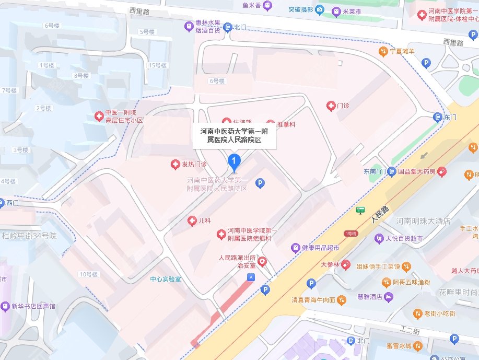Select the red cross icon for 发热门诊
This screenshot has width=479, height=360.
coord(176,165)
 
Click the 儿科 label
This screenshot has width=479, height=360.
coord(204,221)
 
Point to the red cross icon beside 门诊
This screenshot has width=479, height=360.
coord(330,106)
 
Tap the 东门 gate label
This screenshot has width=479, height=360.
coord(449,117)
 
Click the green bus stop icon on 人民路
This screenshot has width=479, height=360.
coord(360,210)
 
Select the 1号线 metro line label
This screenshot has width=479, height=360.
coord(349,233)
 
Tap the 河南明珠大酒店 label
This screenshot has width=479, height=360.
coord(423,221)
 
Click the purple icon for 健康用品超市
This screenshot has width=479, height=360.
coord(295,247)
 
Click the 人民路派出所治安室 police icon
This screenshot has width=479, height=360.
coord(262,261)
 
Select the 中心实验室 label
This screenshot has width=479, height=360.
coord(165,280)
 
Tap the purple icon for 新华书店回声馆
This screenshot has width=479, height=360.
coord(5,305)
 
